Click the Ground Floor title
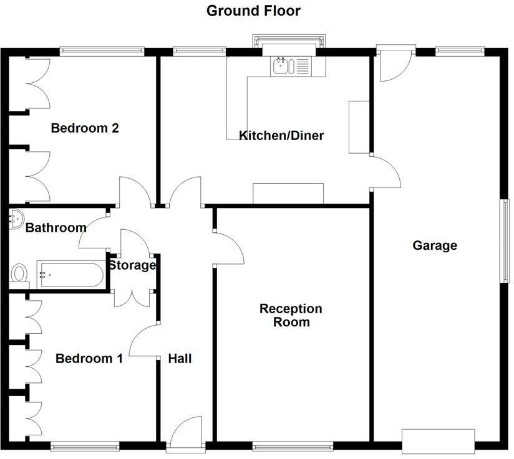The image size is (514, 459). click(x=253, y=11)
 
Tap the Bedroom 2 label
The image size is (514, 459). click(x=85, y=128)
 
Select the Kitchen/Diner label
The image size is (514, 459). click(x=281, y=135)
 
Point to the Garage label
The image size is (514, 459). click(x=435, y=245)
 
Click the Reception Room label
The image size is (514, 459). click(x=291, y=315)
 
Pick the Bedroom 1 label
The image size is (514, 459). click(x=89, y=359)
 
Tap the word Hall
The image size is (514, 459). click(x=180, y=359)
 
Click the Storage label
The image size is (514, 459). click(x=132, y=266)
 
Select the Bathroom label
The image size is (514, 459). click(x=56, y=228)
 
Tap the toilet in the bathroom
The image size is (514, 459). click(x=20, y=274)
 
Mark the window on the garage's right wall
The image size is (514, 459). click(x=506, y=242)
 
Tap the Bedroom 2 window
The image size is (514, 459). click(x=102, y=52)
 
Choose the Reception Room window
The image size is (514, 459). click(x=293, y=445)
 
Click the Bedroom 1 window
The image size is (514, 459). click(x=84, y=445)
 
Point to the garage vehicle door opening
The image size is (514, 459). click(x=439, y=441)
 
